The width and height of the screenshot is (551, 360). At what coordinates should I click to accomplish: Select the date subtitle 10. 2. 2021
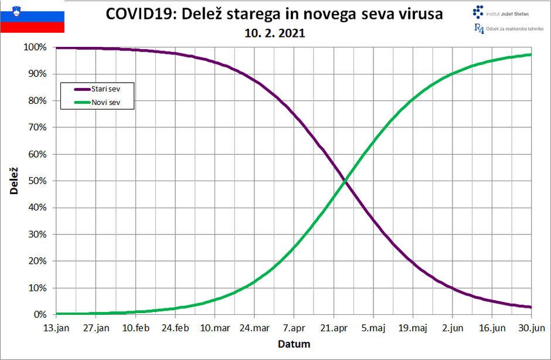275,33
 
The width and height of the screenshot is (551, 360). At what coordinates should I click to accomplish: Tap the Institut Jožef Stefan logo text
508,12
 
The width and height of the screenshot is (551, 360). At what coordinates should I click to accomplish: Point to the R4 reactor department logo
479,28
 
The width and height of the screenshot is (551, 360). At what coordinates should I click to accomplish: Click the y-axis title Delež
13,181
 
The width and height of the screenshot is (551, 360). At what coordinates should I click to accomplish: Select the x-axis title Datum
294,344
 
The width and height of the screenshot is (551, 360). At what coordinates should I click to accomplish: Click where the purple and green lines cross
346,181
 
